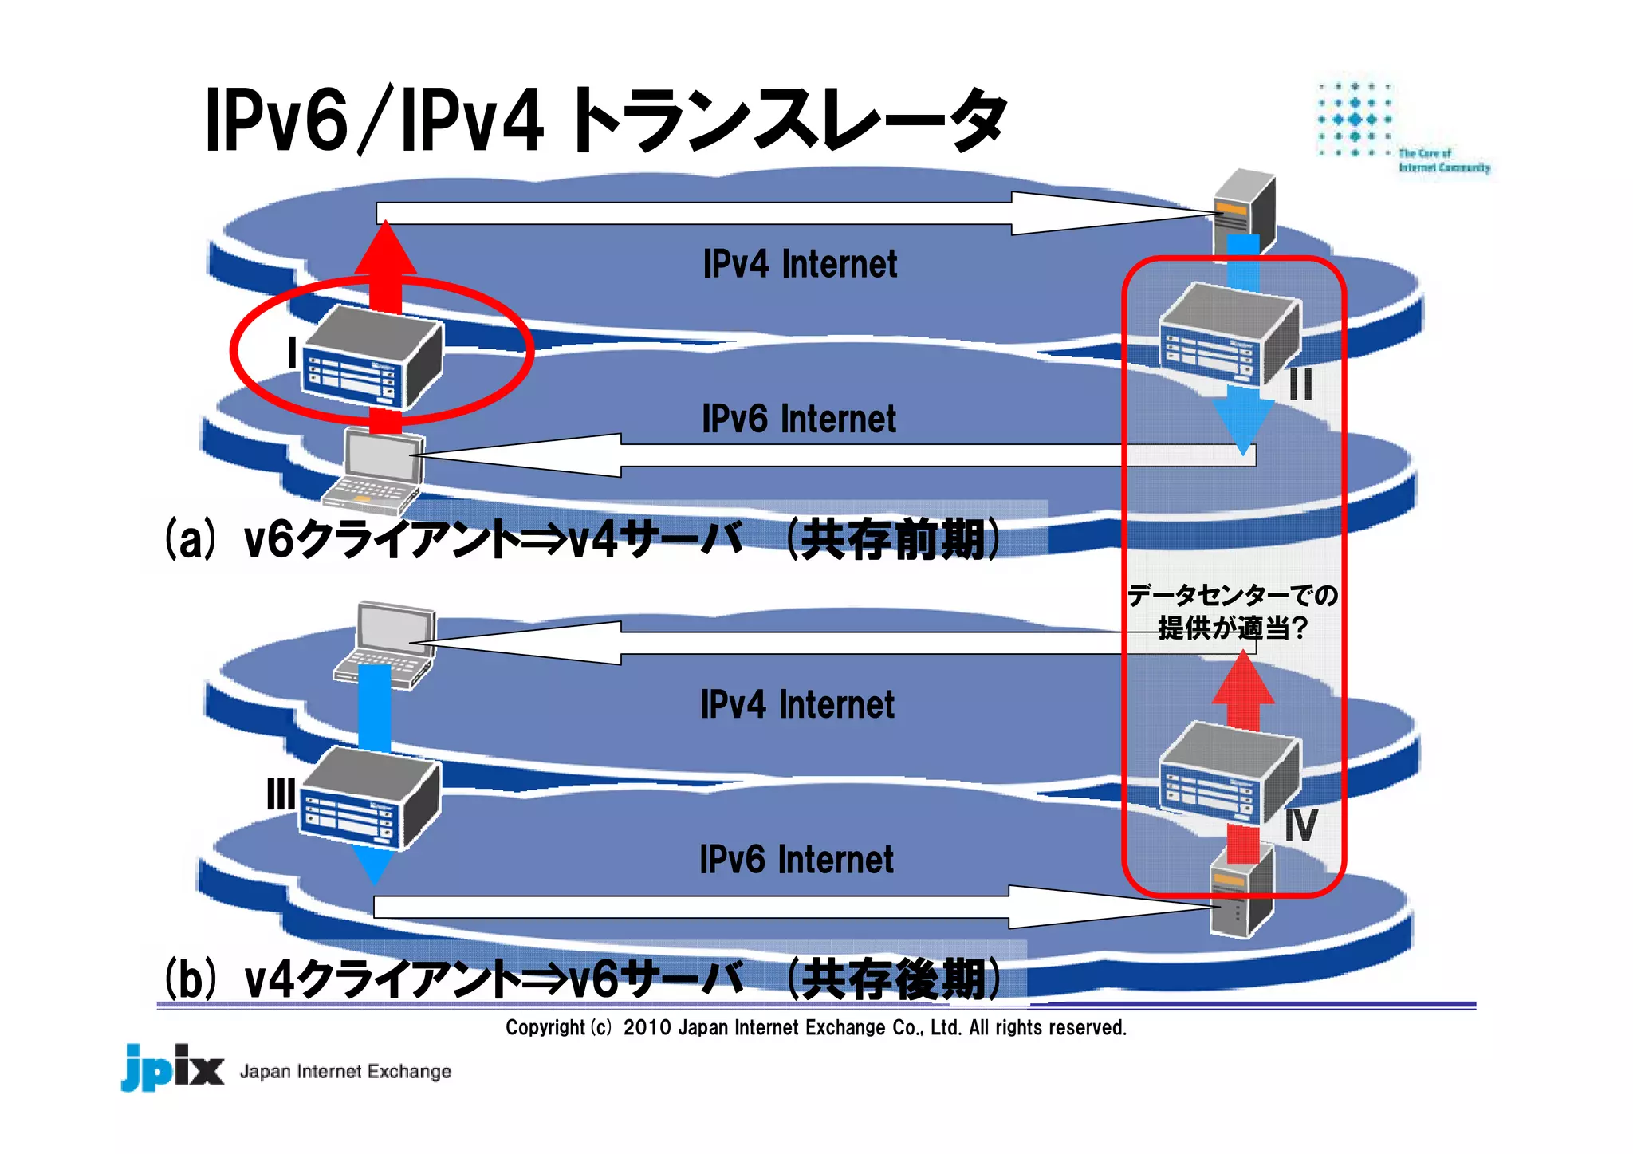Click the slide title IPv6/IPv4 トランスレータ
pos(606,121)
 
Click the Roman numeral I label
pos(292,352)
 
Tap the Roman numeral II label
pos(1300,385)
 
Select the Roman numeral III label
pos(281,794)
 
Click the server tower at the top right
pos(1244,209)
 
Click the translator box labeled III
pos(369,798)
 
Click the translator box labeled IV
pos(1228,772)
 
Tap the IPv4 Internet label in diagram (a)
pos(800,264)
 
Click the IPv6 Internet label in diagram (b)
pos(796,860)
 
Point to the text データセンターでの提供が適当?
pos(1232,612)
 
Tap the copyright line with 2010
pos(816,1027)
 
